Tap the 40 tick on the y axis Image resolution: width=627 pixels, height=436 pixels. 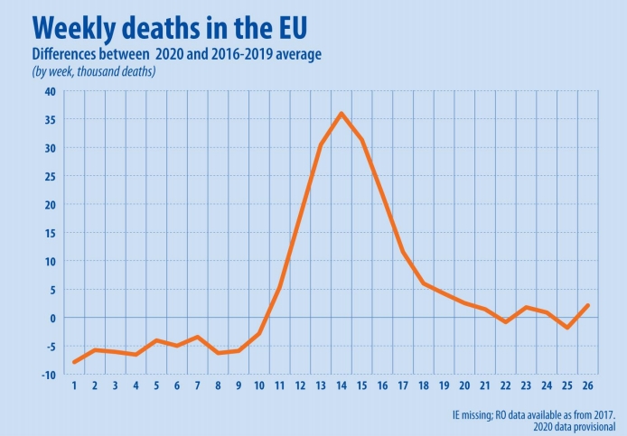point(49,91)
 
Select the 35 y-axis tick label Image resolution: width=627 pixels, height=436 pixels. point(49,120)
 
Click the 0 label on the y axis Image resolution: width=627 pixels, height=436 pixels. point(52,318)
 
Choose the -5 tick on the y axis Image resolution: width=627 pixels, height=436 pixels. point(50,347)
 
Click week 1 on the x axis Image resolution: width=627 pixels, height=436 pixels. point(74,385)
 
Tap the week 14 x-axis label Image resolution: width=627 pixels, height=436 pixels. point(342,385)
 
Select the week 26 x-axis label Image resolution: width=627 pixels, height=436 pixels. point(588,385)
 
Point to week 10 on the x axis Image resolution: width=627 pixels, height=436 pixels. point(259,385)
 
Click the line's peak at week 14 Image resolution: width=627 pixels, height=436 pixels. point(342,114)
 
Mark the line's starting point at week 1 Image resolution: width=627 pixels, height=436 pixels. point(74,362)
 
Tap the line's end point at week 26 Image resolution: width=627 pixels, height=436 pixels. point(588,305)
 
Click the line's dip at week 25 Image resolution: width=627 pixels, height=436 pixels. point(567,328)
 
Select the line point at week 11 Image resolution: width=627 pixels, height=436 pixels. point(280,287)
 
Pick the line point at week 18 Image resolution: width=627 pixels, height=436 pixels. point(424,283)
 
